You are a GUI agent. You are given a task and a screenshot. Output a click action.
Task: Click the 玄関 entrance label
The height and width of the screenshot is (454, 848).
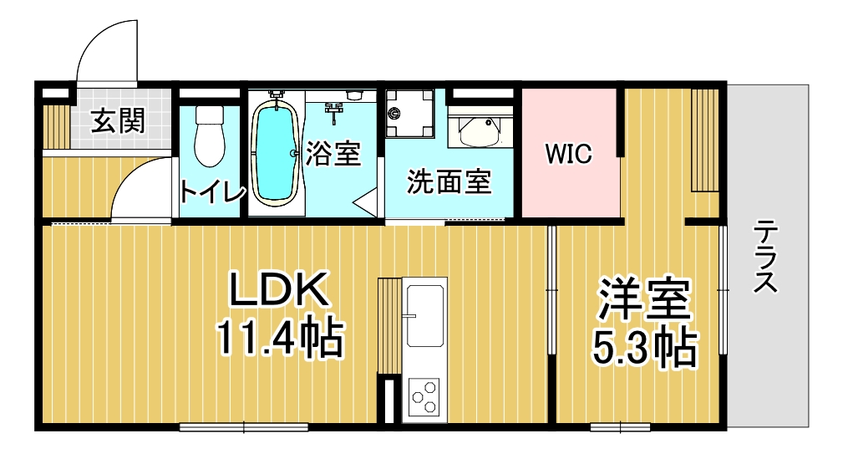118,122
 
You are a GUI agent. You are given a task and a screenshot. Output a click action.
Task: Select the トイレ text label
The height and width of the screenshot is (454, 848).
212,191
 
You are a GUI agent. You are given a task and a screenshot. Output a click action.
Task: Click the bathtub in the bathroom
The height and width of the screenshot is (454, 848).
275,153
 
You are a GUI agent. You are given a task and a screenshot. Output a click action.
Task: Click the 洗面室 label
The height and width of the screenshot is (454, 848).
449,182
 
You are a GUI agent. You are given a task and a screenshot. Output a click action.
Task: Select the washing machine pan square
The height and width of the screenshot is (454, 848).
409,115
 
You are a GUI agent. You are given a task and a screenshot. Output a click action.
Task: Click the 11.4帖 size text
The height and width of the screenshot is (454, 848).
280,339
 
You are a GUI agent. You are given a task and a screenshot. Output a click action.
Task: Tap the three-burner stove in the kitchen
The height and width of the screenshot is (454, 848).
424,396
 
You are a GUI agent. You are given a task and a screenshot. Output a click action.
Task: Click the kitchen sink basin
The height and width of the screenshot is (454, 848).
425,316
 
